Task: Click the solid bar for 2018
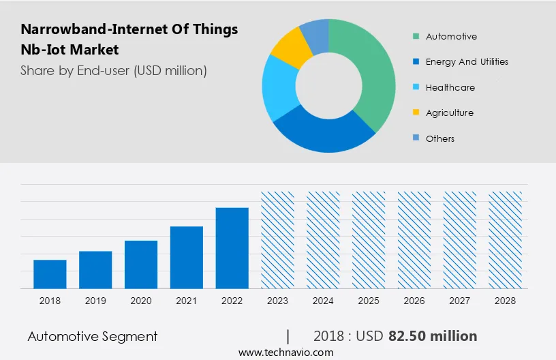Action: point(50,274)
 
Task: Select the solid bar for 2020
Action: point(141,265)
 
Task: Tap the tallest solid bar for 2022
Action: point(232,248)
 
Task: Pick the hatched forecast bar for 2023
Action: point(278,240)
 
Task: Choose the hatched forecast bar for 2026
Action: point(414,240)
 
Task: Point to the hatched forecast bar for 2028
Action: point(506,240)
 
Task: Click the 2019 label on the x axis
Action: point(95,301)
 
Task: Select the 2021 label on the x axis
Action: point(187,301)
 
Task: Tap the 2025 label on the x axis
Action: point(369,301)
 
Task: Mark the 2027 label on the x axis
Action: point(460,301)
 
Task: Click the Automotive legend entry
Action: point(450,36)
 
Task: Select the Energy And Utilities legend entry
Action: point(466,61)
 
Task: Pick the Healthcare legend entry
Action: point(450,87)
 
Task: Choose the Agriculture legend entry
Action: point(449,112)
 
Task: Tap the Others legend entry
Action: point(439,138)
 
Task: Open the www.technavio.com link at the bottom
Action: point(286,352)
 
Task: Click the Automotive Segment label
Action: point(93,336)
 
